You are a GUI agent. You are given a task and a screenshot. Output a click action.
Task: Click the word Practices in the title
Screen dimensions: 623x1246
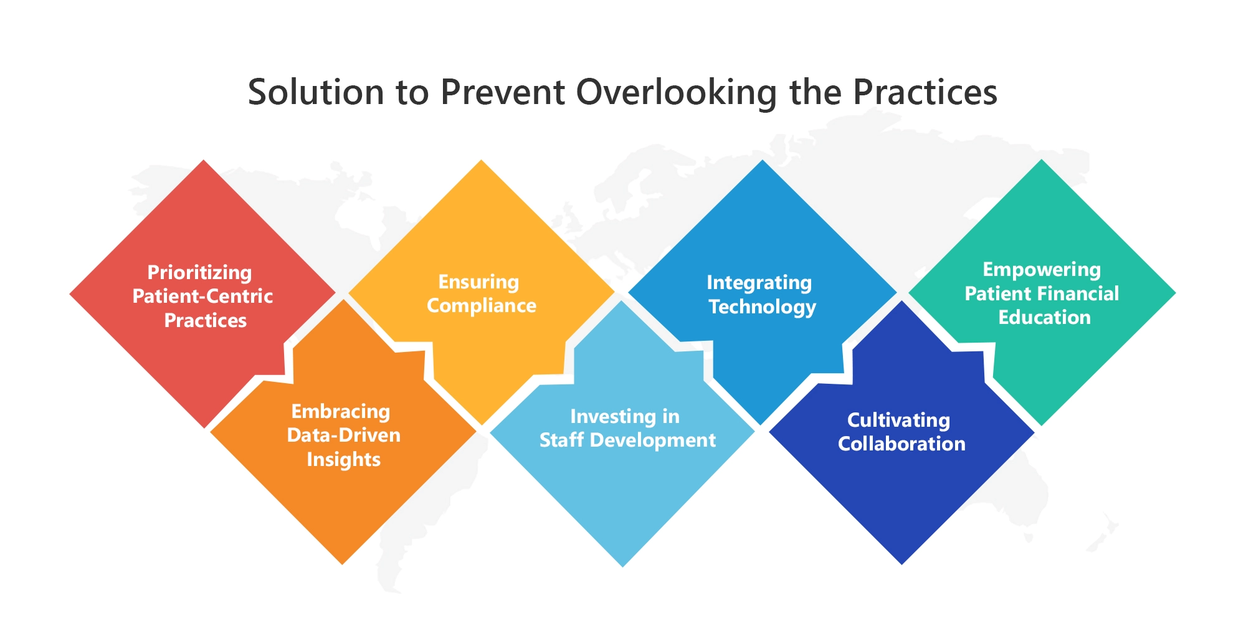click(x=925, y=92)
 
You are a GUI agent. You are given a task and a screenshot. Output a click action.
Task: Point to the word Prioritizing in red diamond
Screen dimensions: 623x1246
click(x=200, y=273)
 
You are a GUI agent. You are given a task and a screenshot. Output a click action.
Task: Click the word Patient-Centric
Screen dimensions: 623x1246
click(x=202, y=296)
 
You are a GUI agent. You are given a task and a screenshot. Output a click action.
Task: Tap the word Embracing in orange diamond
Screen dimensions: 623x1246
click(x=341, y=411)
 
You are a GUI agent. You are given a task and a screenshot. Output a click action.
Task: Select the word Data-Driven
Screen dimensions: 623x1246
click(x=344, y=435)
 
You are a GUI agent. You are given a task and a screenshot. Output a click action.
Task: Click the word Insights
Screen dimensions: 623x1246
click(x=344, y=459)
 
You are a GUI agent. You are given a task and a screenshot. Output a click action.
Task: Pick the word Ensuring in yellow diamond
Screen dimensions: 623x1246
click(x=478, y=282)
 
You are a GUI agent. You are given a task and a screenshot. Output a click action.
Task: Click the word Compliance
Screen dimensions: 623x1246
click(x=482, y=306)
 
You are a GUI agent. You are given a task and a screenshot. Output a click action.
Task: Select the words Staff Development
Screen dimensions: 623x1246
click(x=627, y=440)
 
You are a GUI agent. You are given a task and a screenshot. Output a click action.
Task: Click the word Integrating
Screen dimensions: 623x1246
click(x=759, y=283)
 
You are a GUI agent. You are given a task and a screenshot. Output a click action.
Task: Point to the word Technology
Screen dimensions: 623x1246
click(x=763, y=307)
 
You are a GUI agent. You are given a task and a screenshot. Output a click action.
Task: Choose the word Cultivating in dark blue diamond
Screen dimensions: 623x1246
click(x=899, y=421)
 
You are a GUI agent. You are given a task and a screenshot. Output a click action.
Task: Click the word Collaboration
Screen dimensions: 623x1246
click(x=901, y=444)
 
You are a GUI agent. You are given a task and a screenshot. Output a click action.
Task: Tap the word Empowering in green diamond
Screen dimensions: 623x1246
click(x=1042, y=270)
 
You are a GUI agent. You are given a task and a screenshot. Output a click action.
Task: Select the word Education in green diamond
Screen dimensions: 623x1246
click(x=1045, y=317)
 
